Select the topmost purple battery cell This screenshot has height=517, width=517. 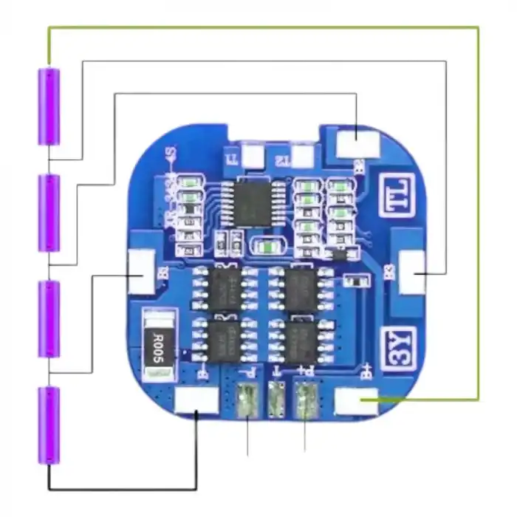point(49,106)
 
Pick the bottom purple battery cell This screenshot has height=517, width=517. point(49,425)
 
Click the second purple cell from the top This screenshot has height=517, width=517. point(49,213)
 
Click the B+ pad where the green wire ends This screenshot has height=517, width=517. point(355,400)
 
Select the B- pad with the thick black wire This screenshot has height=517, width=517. point(196,400)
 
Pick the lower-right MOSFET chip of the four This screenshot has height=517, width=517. point(302,339)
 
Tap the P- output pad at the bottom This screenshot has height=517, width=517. point(247,401)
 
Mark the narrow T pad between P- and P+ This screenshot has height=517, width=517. point(277,401)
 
